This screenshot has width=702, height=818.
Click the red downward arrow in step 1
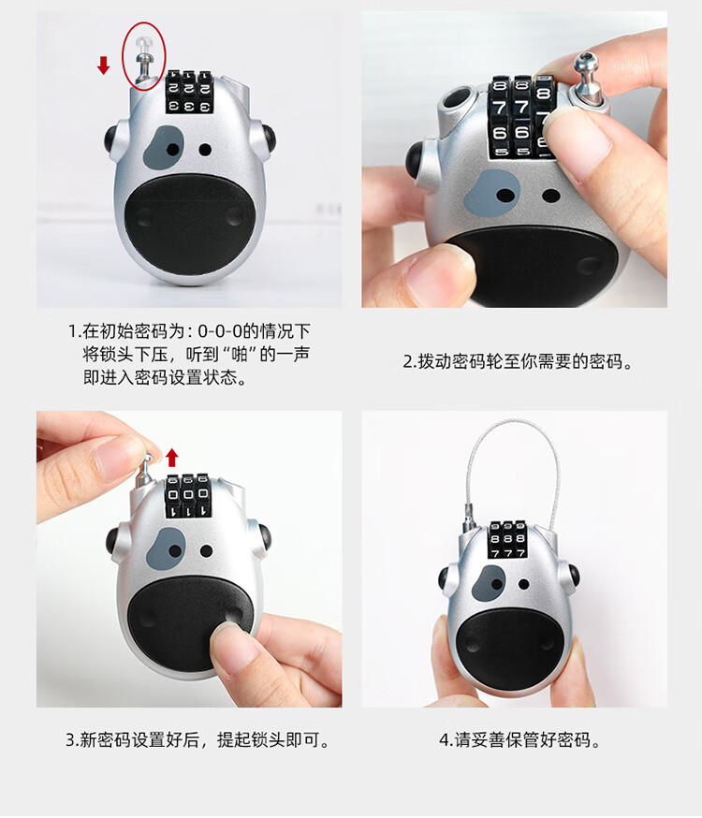tap(104, 66)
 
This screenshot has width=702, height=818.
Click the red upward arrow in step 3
tap(171, 458)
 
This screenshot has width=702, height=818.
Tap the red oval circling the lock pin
tap(144, 56)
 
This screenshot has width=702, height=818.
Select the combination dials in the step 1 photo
tap(190, 93)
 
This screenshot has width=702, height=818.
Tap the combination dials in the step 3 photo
tap(188, 496)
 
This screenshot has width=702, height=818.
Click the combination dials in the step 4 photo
tap(507, 539)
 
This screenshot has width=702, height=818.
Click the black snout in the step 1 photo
tap(190, 225)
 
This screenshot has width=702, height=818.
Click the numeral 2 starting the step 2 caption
tap(407, 361)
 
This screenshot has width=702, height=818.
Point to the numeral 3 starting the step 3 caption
tap(70, 739)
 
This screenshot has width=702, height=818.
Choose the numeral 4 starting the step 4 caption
tap(445, 739)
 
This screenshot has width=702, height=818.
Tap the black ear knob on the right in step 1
tap(268, 139)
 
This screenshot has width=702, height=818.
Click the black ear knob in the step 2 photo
tap(417, 158)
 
